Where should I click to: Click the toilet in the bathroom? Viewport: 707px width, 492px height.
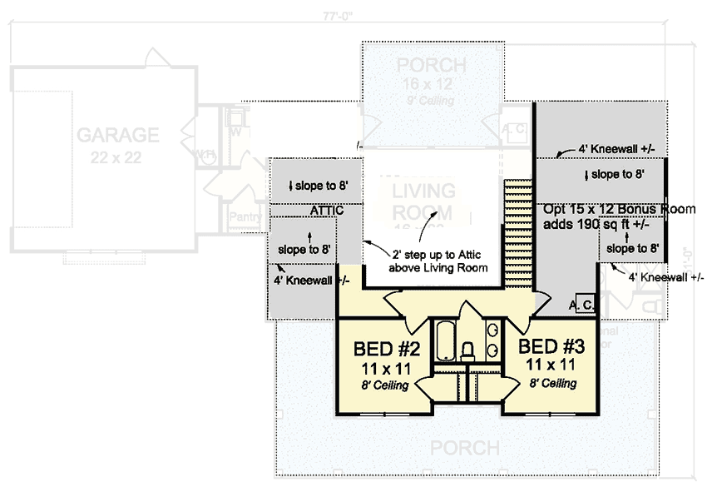[467, 348]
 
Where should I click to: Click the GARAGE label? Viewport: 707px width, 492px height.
[117, 135]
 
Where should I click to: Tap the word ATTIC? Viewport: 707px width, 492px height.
[327, 211]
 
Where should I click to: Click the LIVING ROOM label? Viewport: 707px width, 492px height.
[423, 201]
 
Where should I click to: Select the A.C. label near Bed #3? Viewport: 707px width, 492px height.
[581, 306]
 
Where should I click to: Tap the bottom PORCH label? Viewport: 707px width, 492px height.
[464, 448]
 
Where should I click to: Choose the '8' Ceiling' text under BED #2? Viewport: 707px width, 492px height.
[383, 385]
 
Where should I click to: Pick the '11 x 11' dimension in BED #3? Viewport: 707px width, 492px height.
[551, 364]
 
